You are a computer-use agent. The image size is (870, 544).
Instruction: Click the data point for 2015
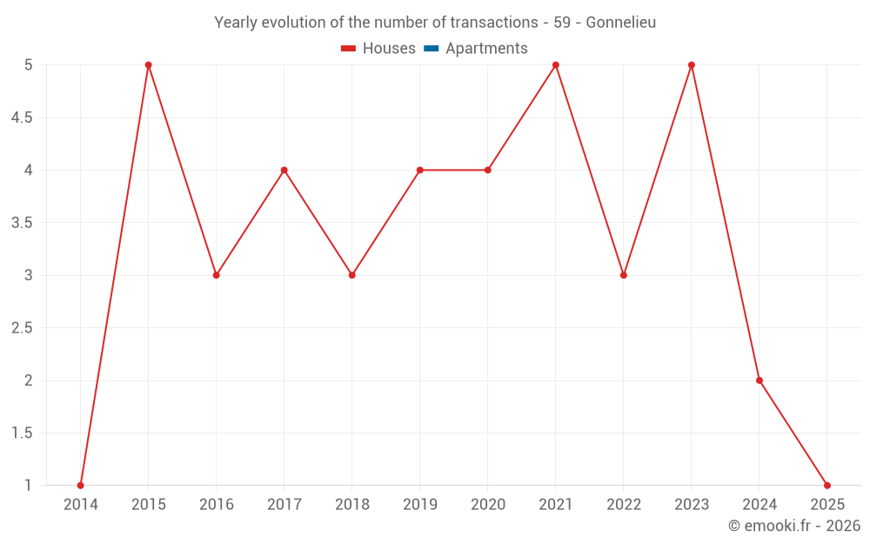pyautogui.click(x=149, y=65)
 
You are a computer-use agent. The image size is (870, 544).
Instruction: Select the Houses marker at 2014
pyautogui.click(x=81, y=486)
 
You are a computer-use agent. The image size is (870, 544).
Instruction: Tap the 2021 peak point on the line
pyautogui.click(x=556, y=65)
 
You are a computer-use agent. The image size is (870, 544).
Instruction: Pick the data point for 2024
pyautogui.click(x=760, y=380)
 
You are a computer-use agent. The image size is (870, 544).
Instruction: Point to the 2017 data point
pyautogui.click(x=284, y=170)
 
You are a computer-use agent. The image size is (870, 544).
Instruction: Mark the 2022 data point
pyautogui.click(x=624, y=275)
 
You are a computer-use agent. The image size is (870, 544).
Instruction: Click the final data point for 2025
pyautogui.click(x=827, y=486)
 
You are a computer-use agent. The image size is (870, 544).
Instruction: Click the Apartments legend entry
pyautogui.click(x=486, y=49)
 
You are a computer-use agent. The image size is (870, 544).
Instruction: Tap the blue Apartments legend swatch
pyautogui.click(x=431, y=49)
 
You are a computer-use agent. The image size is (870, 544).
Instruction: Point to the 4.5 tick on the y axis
pyautogui.click(x=22, y=118)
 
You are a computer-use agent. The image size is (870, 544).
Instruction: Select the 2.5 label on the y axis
pyautogui.click(x=22, y=328)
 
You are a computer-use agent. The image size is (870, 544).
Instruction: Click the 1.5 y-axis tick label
pyautogui.click(x=22, y=433)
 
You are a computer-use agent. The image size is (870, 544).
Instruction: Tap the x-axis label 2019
pyautogui.click(x=420, y=505)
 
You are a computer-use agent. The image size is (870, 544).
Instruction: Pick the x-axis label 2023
pyautogui.click(x=692, y=505)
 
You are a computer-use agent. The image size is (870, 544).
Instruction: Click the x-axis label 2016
pyautogui.click(x=217, y=505)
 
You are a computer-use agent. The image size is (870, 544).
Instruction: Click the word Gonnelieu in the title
pyautogui.click(x=620, y=23)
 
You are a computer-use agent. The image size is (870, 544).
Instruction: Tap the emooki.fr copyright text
pyautogui.click(x=793, y=526)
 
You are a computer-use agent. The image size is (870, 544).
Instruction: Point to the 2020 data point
pyautogui.click(x=488, y=170)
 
